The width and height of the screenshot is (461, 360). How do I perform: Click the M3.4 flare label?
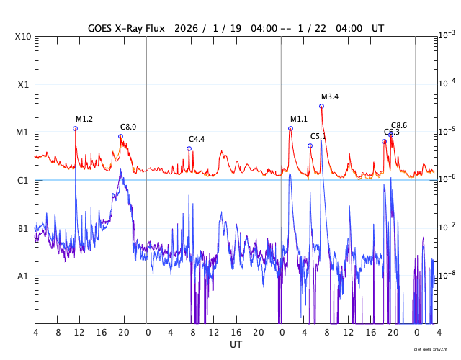[x=330, y=97]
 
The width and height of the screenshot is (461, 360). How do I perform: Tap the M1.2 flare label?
[x=84, y=119]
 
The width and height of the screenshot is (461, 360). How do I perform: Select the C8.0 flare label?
[x=128, y=127]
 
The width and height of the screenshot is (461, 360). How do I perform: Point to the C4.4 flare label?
[x=197, y=139]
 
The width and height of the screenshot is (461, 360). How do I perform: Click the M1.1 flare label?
[x=299, y=119]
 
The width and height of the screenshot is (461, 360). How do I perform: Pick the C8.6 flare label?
[x=399, y=125]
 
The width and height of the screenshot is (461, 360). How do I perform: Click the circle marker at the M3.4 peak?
[x=321, y=106]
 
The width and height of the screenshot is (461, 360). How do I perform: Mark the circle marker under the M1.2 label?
[x=76, y=128]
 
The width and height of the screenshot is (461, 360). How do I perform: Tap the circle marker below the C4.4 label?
[x=189, y=148]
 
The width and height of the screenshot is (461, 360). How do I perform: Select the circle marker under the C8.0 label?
[x=120, y=136]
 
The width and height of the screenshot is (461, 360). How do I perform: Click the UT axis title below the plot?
[x=236, y=345]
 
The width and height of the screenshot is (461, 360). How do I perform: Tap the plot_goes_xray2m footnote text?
[x=431, y=348]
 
